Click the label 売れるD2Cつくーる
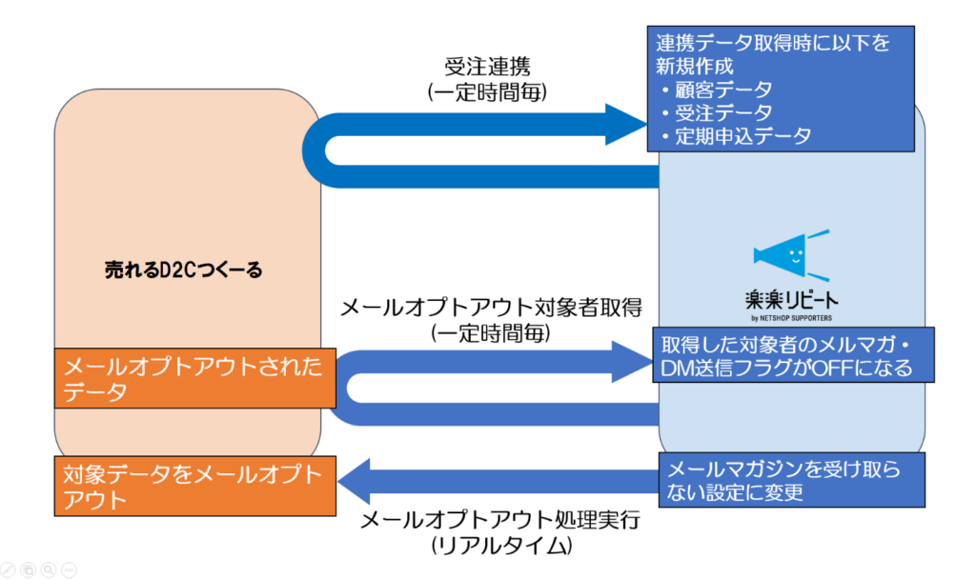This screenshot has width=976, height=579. [184, 270]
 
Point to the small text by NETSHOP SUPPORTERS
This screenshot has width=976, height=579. [791, 318]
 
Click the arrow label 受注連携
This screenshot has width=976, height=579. [487, 67]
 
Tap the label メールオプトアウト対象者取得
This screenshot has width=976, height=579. [491, 308]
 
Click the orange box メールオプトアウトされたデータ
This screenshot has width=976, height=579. [195, 379]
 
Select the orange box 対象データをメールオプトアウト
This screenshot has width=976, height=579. [195, 487]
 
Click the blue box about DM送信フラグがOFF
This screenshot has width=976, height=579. [793, 355]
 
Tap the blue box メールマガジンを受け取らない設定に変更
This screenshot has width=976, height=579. [792, 480]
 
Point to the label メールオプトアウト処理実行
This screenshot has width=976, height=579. [500, 520]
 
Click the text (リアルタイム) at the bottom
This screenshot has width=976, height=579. [501, 546]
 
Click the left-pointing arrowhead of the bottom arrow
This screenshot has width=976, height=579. [354, 481]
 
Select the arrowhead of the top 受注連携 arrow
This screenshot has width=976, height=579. [626, 125]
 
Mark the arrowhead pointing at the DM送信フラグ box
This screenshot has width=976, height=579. [633, 361]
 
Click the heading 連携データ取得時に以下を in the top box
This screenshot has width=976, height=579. [773, 43]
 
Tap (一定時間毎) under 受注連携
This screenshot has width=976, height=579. [487, 92]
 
